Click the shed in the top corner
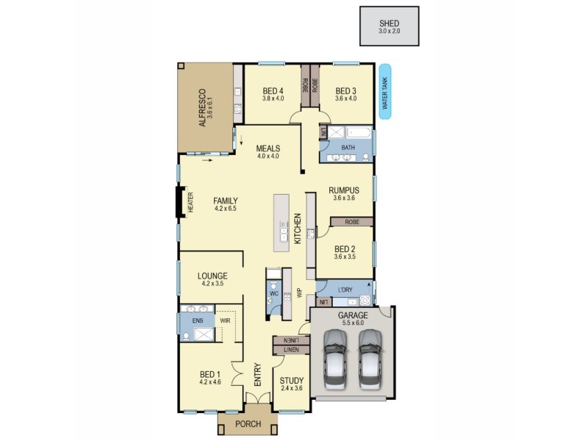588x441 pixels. (x=389, y=26)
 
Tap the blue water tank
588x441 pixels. (x=384, y=89)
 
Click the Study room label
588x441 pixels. (x=291, y=381)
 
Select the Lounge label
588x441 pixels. (x=212, y=276)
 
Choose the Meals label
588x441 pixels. (x=268, y=148)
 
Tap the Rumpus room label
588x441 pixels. (x=344, y=190)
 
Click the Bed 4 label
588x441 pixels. (x=273, y=92)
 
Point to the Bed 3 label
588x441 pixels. (x=345, y=92)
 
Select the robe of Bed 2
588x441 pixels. (x=351, y=221)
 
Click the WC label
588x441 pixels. (x=273, y=293)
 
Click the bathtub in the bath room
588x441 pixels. (x=355, y=134)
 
